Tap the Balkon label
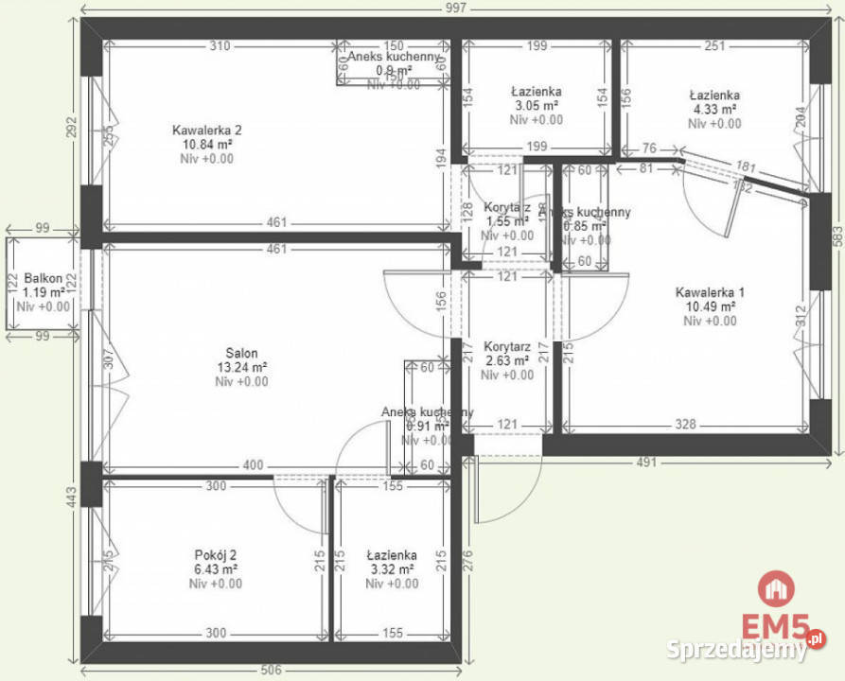pos(44,278)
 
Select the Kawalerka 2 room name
pos(206,130)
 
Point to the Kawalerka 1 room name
pos(710,291)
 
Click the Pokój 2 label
pos(215,554)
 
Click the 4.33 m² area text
pos(713,110)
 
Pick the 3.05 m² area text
pos(536,105)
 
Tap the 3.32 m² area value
pos(391,569)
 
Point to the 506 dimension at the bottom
pos(272,672)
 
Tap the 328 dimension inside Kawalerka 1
pos(687,425)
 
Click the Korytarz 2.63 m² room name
pos(506,347)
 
